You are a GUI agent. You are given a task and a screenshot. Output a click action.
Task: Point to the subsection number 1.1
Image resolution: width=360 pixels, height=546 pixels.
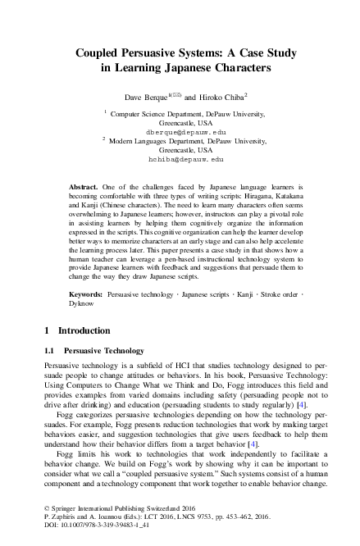click(49, 350)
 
